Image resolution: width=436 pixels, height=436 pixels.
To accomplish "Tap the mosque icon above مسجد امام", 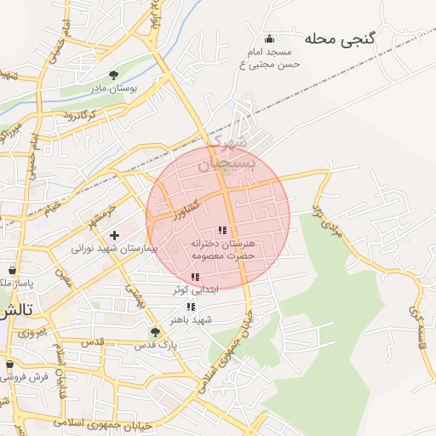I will pyautogui.click(x=270, y=38).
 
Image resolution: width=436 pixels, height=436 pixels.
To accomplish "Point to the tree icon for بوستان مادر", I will pyautogui.click(x=115, y=75).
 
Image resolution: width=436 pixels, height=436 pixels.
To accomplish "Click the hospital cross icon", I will pyautogui.click(x=114, y=234).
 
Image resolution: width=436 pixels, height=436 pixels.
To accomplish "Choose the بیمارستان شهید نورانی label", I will pyautogui.click(x=115, y=248).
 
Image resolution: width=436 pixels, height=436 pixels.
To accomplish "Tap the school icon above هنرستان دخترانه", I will pyautogui.click(x=222, y=230).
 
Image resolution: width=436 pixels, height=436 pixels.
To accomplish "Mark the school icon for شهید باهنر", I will pyautogui.click(x=191, y=307).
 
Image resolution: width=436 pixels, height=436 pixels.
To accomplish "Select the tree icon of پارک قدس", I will pyautogui.click(x=154, y=332).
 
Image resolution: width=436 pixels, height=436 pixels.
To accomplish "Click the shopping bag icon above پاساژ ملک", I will pyautogui.click(x=11, y=270).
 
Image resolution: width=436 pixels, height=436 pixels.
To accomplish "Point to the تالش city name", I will pyautogui.click(x=15, y=310).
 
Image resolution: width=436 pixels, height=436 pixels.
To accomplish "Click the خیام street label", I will pyautogui.click(x=53, y=207).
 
